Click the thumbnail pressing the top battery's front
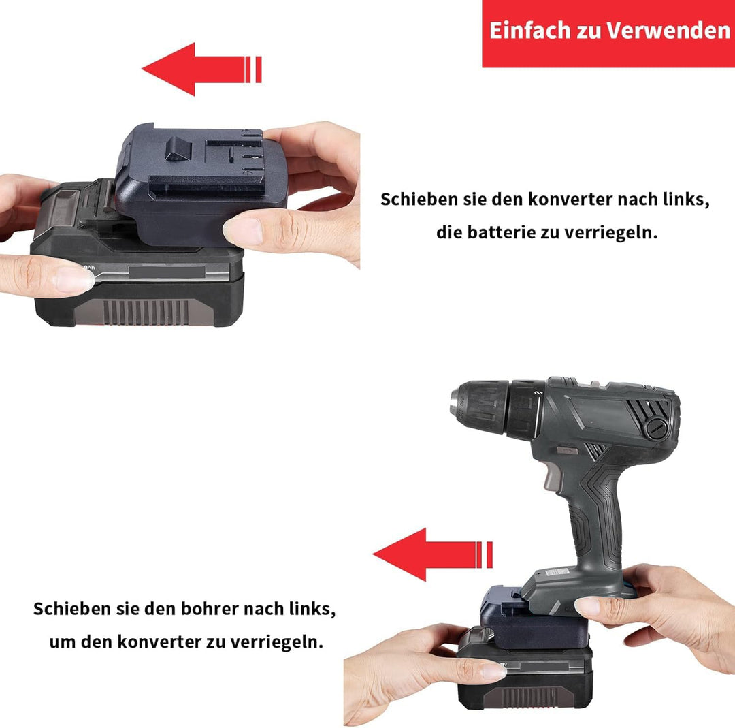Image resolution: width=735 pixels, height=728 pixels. coord(73,279)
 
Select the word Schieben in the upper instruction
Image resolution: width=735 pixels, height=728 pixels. coord(418,200)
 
